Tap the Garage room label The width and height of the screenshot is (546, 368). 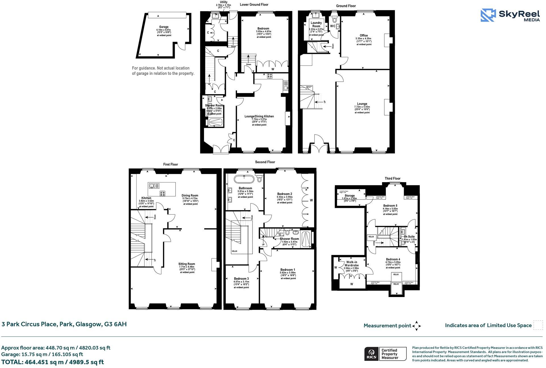(x=164, y=27)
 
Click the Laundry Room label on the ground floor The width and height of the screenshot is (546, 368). (x=316, y=24)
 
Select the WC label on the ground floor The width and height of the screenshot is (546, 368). (x=332, y=26)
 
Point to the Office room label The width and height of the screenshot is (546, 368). (x=364, y=35)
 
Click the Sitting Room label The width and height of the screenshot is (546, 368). (x=187, y=264)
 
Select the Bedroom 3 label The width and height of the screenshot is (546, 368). (x=241, y=279)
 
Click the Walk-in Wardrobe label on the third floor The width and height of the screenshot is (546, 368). (x=351, y=264)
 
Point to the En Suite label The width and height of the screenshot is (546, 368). (x=409, y=236)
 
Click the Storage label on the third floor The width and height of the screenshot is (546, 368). (x=349, y=196)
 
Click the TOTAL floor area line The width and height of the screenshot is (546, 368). (x=53, y=362)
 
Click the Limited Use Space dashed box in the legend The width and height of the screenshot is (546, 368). (x=538, y=325)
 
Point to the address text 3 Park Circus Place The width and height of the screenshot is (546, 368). (x=64, y=324)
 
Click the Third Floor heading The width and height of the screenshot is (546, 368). (x=392, y=178)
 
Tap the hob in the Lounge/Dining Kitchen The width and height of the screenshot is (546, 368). (x=270, y=75)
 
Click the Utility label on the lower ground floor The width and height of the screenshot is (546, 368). (x=224, y=2)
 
